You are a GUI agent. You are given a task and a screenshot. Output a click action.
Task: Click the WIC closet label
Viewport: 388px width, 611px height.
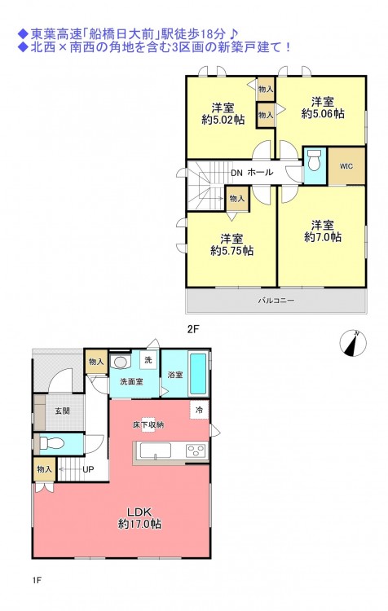346,166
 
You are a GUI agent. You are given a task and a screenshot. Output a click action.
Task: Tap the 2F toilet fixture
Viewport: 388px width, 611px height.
314,160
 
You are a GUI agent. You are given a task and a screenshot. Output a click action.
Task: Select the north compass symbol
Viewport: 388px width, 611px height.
353,343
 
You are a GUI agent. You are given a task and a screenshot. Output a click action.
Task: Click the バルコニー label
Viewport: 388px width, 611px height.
276,301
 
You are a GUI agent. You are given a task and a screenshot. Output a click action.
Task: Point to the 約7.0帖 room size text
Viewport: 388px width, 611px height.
323,237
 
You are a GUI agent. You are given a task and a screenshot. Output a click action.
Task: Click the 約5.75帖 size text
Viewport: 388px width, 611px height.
232,251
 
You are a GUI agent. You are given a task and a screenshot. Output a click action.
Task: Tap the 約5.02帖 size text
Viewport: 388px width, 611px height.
223,120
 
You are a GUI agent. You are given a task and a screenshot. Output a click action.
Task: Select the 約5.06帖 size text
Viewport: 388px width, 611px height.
323,114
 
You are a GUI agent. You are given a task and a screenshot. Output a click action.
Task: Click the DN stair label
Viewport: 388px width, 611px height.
236,173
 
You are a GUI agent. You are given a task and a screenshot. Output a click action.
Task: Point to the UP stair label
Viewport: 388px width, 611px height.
88,469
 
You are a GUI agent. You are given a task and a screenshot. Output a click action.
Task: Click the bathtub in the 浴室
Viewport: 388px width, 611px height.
198,373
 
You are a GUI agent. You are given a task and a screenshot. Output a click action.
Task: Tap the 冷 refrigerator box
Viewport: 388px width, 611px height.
199,410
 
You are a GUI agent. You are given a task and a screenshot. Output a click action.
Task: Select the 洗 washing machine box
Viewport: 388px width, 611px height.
148,359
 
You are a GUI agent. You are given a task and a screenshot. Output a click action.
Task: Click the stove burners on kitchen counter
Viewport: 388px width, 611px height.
196,451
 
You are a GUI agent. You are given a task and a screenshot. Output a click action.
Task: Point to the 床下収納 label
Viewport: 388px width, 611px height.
148,424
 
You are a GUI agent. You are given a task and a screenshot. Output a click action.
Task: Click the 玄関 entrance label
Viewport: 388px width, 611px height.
63,411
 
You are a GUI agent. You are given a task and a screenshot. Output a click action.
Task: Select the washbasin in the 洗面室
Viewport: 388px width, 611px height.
120,363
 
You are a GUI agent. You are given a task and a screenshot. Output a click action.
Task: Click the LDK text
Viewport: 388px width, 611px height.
139,512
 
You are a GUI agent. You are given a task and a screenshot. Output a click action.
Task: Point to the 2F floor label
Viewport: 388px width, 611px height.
193,329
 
